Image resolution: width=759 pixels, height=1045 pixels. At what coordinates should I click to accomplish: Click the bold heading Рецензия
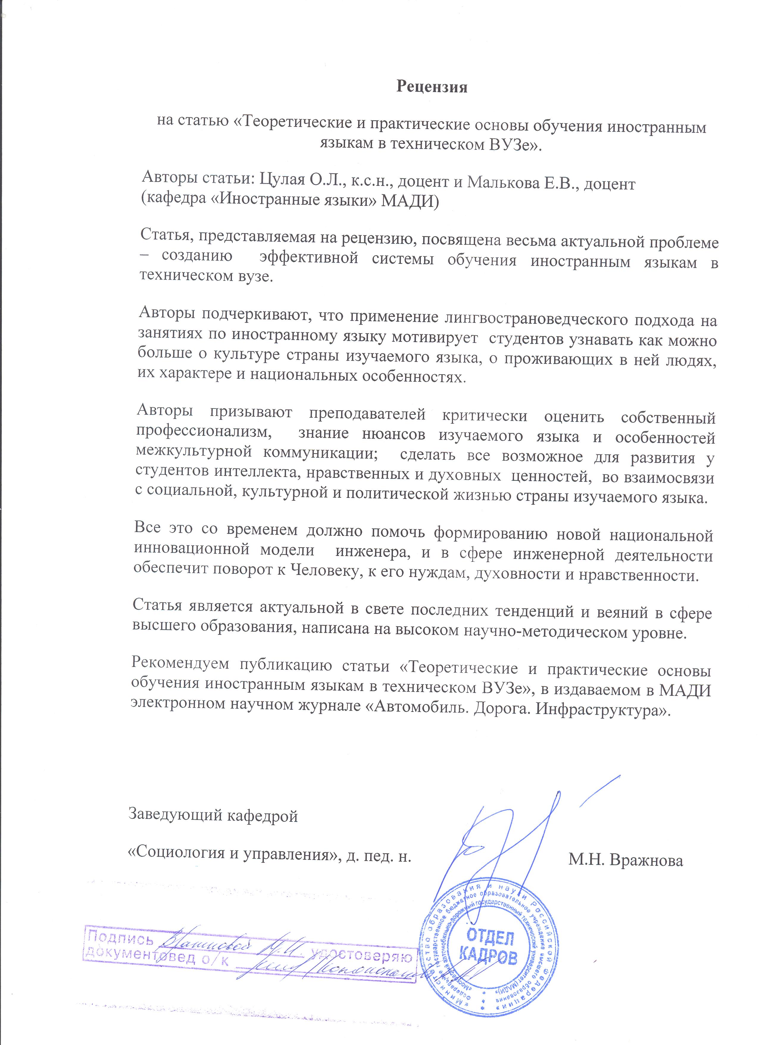click(432, 87)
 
